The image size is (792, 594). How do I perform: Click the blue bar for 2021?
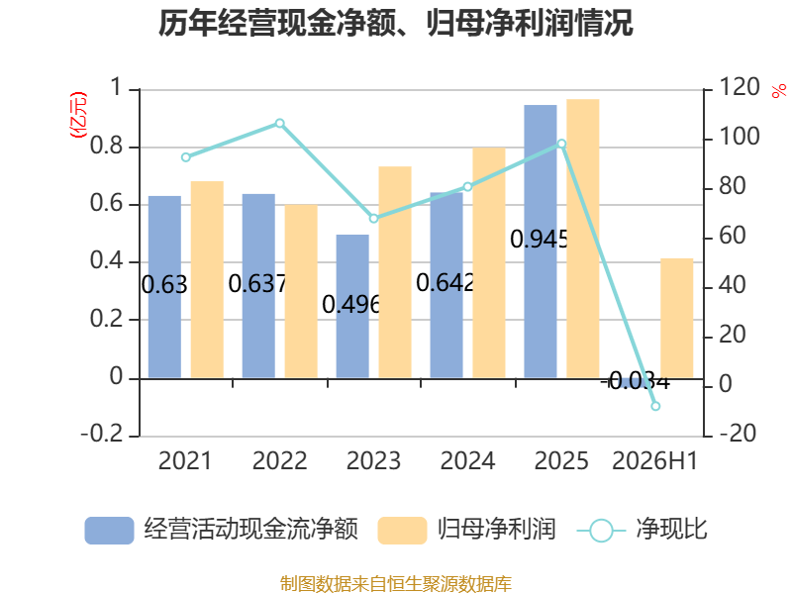click(164, 287)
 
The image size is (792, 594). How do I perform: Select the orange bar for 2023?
click(395, 272)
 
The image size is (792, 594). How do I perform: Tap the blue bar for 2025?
click(541, 242)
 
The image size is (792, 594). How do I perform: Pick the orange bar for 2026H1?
click(677, 318)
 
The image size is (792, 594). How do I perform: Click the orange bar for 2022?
click(301, 291)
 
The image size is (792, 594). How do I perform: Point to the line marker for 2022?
click(280, 123)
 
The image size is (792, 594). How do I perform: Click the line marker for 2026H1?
click(655, 406)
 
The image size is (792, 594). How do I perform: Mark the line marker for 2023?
click(374, 218)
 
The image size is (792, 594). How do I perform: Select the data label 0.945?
click(540, 239)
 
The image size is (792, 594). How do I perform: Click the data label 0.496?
click(351, 304)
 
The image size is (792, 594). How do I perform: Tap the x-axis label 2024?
click(467, 460)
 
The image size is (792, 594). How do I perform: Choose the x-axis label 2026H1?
click(654, 460)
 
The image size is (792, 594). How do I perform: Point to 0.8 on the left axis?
click(107, 146)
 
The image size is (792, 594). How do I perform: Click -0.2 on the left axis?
click(102, 434)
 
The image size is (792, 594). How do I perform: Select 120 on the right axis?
click(740, 87)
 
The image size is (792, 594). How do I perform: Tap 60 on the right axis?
click(733, 236)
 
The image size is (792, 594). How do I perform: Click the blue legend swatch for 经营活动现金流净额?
click(109, 531)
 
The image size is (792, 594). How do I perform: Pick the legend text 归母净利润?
click(497, 530)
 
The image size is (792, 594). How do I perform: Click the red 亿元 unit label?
click(78, 115)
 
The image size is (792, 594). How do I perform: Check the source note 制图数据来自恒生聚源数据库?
click(396, 584)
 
